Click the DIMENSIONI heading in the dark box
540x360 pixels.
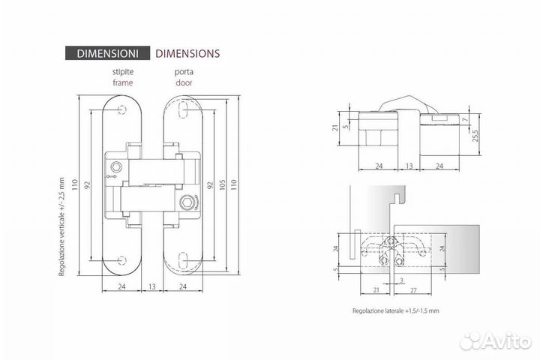107,53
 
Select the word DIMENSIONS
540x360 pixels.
187,53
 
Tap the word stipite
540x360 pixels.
123,72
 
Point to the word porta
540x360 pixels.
184,72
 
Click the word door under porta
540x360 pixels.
184,82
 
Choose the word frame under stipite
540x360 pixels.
123,82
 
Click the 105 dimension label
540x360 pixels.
222,184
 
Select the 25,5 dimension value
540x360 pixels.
475,136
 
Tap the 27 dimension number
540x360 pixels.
413,290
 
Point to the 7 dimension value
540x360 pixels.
466,119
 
